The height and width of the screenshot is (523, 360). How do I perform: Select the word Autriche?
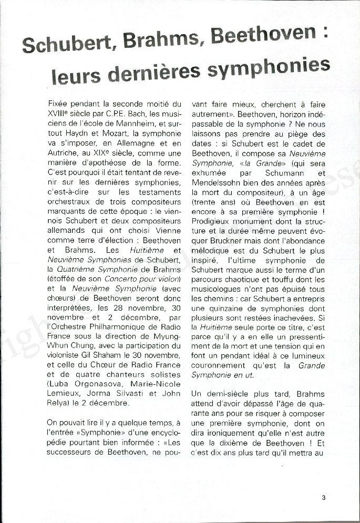(x=61, y=153)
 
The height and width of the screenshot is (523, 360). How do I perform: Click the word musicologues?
(x=219, y=289)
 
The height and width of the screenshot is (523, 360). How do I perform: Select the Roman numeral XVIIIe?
(x=60, y=114)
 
